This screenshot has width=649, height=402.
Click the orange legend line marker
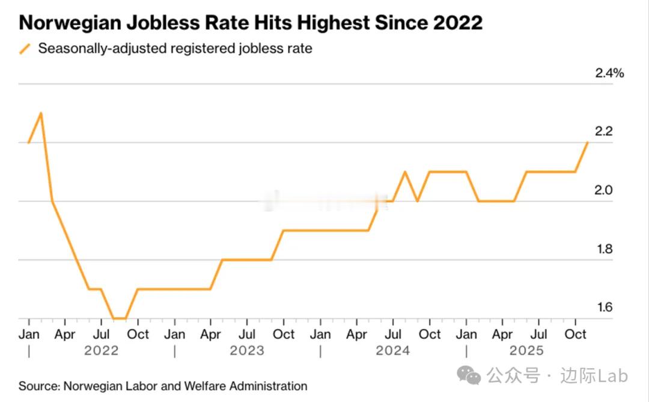click(25, 49)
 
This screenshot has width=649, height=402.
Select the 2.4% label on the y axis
click(609, 73)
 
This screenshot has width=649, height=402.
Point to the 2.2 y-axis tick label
click(603, 132)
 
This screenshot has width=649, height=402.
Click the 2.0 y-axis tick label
click(603, 190)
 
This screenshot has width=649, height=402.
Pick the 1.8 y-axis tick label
click(603, 249)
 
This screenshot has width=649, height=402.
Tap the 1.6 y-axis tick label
click(603, 308)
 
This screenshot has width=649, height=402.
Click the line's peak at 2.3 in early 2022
click(40, 113)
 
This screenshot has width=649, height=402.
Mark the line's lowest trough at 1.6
click(119, 318)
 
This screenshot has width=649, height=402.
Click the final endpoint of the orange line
click(587, 143)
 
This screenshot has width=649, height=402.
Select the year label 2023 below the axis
click(247, 351)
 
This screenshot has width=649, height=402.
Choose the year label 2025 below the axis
click(526, 351)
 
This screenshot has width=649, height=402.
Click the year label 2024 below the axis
click(393, 351)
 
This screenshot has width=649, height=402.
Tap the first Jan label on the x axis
click(29, 335)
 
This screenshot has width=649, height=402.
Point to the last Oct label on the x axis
click(576, 335)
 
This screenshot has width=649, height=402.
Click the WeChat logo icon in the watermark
click(469, 376)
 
